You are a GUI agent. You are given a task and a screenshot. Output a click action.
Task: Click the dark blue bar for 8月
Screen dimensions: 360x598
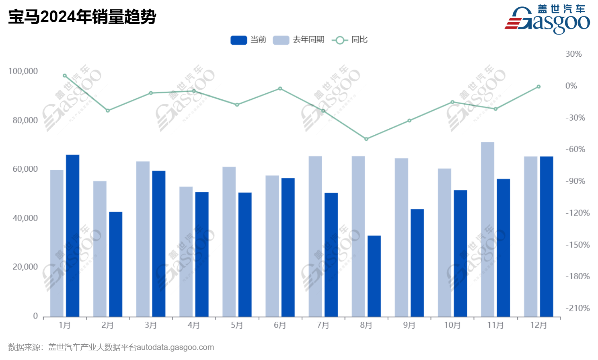374,276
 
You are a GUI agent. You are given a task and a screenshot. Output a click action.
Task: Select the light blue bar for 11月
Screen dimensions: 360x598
487,229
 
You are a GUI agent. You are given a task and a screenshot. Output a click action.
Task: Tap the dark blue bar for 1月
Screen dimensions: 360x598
73,236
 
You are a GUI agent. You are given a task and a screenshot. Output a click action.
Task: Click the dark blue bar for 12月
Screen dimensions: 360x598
547,237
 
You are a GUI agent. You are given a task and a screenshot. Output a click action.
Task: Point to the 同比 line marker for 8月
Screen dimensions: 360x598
366,139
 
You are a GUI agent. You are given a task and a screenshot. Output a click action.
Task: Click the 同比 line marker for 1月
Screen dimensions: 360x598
65,76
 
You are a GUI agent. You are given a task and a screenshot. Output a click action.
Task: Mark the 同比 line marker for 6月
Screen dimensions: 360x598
280,88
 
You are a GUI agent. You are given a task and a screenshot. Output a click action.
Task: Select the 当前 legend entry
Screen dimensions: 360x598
248,40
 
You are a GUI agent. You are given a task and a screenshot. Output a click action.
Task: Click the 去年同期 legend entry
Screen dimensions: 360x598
298,40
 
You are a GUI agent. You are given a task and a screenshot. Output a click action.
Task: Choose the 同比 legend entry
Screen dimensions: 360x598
349,40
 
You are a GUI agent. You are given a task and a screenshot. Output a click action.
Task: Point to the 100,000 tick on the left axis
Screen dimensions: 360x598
23,71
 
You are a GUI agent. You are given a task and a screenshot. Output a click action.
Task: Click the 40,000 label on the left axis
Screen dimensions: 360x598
25,218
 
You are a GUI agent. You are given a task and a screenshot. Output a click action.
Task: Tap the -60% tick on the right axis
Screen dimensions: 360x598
575,149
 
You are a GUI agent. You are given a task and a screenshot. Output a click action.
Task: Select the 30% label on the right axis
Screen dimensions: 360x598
573,54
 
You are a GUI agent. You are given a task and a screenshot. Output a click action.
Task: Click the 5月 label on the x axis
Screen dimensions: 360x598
237,325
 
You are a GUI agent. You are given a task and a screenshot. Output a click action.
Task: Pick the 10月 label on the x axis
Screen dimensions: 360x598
452,325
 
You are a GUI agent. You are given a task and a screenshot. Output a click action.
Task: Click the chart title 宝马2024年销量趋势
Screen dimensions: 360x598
82,17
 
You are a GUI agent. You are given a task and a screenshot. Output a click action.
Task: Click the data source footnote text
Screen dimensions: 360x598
111,347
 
